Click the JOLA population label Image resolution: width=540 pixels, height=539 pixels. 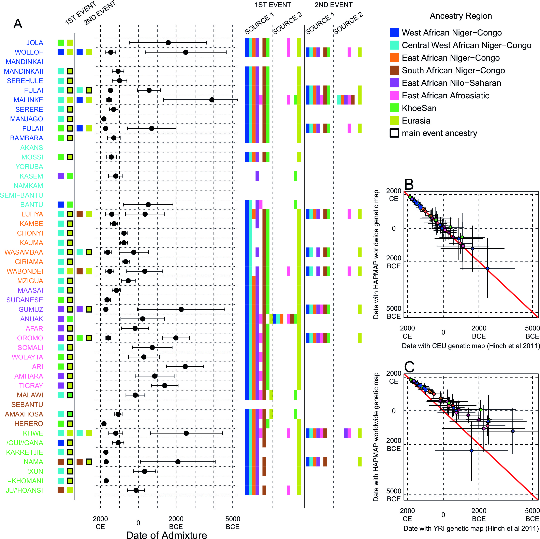point(35,43)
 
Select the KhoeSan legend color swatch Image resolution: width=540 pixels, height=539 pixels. point(394,108)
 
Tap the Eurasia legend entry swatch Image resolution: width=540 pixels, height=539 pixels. point(394,120)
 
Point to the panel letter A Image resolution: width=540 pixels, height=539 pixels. point(18,24)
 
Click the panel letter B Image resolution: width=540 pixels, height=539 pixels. point(409,184)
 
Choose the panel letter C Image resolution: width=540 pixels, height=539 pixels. point(409,367)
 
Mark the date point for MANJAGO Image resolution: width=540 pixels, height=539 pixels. point(104,119)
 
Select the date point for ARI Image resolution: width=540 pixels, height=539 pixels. point(185,367)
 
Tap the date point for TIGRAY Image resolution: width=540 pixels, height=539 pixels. point(165,385)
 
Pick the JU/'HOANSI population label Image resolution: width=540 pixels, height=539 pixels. point(25,490)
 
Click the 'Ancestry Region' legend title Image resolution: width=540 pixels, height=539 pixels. point(461,16)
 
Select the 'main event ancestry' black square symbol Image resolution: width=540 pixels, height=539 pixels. point(394,133)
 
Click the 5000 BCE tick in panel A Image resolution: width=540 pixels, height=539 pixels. point(233,523)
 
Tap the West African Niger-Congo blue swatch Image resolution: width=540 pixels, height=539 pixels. point(394,32)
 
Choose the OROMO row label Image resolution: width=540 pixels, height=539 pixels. point(30,338)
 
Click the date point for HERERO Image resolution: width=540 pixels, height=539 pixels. point(104,424)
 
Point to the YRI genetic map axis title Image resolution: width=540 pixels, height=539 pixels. point(471,528)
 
